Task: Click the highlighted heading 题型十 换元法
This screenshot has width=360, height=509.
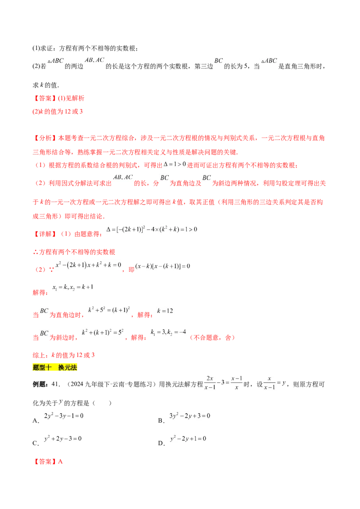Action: pyautogui.click(x=54, y=367)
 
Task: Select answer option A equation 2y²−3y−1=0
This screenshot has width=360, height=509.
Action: pyautogui.click(x=64, y=415)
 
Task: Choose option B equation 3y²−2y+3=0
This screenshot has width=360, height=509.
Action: pyautogui.click(x=190, y=415)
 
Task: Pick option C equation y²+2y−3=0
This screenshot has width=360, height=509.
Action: pyautogui.click(x=63, y=438)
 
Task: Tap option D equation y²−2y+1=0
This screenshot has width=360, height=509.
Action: pyautogui.click(x=188, y=438)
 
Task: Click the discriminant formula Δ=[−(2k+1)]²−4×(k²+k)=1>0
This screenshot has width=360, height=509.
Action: pyautogui.click(x=152, y=229)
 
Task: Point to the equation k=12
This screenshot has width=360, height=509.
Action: pyautogui.click(x=165, y=311)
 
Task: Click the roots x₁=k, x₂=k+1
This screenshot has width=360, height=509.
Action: pyautogui.click(x=73, y=287)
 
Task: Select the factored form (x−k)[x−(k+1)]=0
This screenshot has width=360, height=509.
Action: pyautogui.click(x=162, y=266)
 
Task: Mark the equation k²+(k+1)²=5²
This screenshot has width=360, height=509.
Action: pyautogui.click(x=103, y=332)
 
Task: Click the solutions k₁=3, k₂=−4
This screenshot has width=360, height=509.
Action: pyautogui.click(x=168, y=332)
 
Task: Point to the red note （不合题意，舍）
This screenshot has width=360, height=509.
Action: pyautogui.click(x=212, y=338)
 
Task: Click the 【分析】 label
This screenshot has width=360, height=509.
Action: pyautogui.click(x=45, y=138)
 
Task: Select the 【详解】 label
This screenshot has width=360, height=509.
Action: pyautogui.click(x=45, y=234)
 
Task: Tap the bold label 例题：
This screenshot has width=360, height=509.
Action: pyautogui.click(x=41, y=384)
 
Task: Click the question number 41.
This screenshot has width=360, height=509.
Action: pyautogui.click(x=56, y=384)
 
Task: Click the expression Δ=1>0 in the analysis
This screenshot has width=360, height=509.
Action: pyautogui.click(x=175, y=164)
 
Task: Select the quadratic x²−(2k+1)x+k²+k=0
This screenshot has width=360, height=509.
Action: pyautogui.click(x=88, y=265)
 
